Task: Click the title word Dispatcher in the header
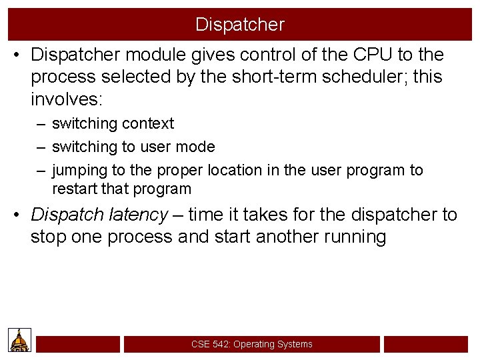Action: (240, 25)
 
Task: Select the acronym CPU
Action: (369, 55)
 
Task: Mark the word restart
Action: (75, 189)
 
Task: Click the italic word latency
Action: (139, 215)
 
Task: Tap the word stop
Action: (49, 237)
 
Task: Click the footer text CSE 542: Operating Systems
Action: (251, 344)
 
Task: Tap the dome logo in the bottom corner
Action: (19, 340)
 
